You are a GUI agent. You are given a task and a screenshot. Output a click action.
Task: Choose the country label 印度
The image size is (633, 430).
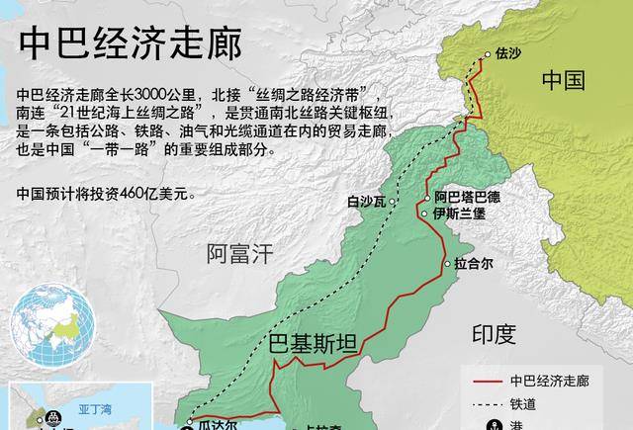pos(494,333)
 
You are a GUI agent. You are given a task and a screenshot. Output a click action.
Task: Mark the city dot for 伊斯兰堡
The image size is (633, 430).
pos(425,214)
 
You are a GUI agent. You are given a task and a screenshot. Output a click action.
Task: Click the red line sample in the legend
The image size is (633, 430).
pos(485,380)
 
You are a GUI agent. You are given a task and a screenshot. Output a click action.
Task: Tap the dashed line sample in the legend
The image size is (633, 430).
pos(485,403)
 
